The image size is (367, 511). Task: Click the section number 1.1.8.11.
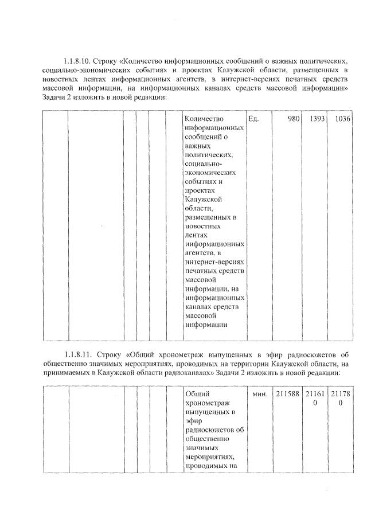click(80, 354)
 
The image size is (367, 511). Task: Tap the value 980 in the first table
click(293, 119)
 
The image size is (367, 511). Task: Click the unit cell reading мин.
click(260, 395)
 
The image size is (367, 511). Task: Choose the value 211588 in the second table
click(287, 395)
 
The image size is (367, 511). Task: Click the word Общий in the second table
click(197, 395)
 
